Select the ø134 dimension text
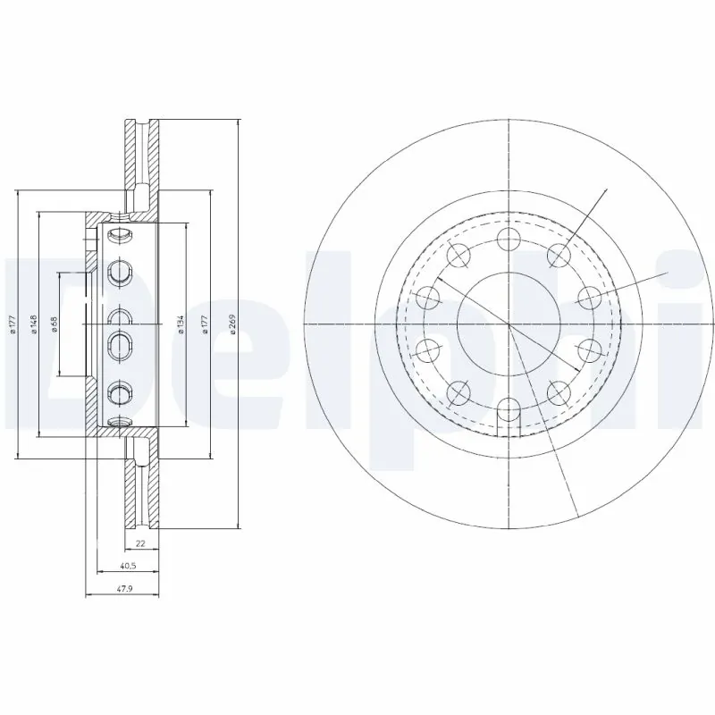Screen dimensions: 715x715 tap(181, 324)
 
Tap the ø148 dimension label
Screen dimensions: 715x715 tap(32, 324)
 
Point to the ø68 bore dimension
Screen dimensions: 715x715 tap(55, 324)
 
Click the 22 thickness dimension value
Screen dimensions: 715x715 tap(140, 543)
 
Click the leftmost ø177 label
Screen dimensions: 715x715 tap(12, 324)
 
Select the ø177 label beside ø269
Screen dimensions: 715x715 tap(205, 324)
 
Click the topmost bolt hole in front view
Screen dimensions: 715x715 tap(509, 239)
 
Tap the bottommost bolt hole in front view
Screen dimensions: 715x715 tap(509, 410)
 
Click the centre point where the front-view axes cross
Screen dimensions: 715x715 tap(509, 324)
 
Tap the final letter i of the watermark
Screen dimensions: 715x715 tap(693, 340)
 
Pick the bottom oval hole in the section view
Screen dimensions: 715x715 tap(119, 420)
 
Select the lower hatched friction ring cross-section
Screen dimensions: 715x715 tap(141, 487)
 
